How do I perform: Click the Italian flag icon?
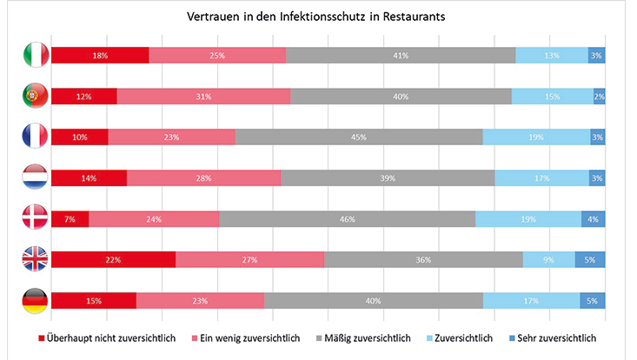coord(35,56)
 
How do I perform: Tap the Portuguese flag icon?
coord(35,96)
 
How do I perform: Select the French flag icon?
coord(35,137)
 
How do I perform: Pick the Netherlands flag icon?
coord(35,178)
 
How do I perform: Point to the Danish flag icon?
coord(35,219)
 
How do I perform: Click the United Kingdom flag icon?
coord(35,260)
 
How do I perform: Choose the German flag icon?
coord(35,301)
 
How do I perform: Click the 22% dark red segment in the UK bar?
coord(113,260)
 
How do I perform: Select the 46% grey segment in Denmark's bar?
coord(347,219)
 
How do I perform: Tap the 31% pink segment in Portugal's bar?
coord(203,96)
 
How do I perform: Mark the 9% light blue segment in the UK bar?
coord(548,260)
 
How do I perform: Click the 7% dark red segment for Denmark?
coord(70,219)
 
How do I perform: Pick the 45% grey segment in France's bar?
coord(358,137)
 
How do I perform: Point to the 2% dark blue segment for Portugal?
coord(600,96)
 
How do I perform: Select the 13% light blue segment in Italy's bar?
coord(551,56)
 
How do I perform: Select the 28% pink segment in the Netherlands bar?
coord(203,178)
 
